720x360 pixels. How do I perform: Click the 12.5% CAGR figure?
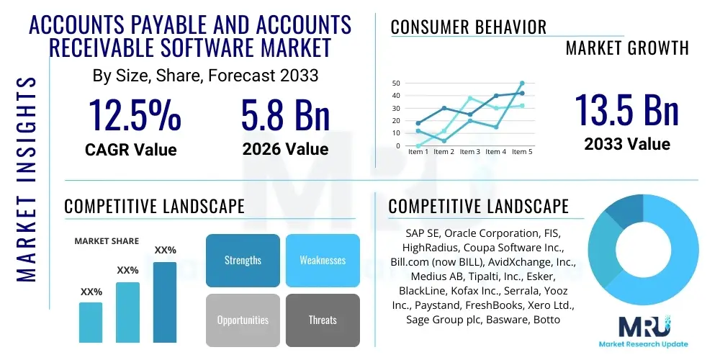135,116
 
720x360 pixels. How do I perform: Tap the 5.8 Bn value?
285,116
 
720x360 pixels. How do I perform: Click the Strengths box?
243,260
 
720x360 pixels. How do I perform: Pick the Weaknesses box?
323,260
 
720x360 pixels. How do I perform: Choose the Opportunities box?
243,320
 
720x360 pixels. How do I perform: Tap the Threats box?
323,320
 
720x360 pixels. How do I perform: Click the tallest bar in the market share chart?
165,302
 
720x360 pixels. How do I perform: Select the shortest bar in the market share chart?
91,322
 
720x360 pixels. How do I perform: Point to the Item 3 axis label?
469,152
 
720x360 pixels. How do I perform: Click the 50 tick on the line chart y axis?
395,84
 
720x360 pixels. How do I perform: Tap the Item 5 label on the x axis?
521,152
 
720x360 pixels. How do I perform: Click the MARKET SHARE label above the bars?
107,241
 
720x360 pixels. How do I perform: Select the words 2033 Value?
626,144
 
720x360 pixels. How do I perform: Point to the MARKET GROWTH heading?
627,48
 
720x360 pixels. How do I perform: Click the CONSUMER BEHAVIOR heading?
469,27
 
